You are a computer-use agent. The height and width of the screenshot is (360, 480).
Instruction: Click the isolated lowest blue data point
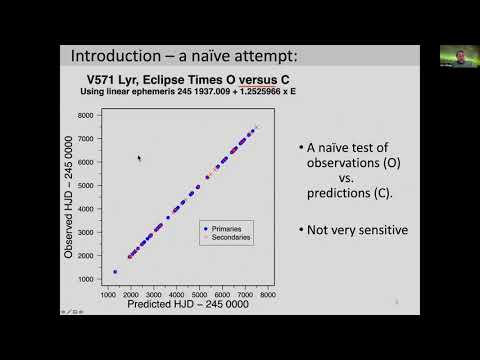click(115, 271)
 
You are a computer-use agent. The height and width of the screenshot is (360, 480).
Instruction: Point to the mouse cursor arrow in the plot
click(139, 157)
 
